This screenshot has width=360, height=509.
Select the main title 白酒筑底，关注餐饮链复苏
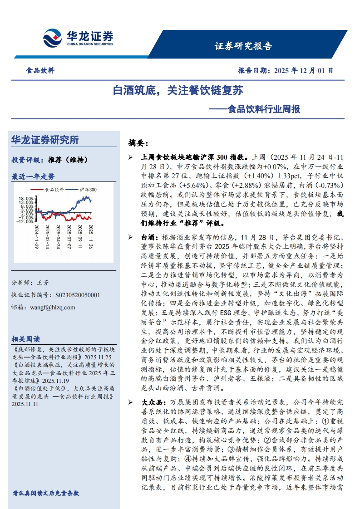(x=178, y=91)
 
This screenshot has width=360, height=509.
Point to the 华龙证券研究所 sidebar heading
(x=44, y=140)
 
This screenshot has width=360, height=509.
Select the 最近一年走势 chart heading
(x=33, y=176)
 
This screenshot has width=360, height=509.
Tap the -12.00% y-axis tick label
(x=25, y=222)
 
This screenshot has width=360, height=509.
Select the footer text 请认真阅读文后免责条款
(x=46, y=493)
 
